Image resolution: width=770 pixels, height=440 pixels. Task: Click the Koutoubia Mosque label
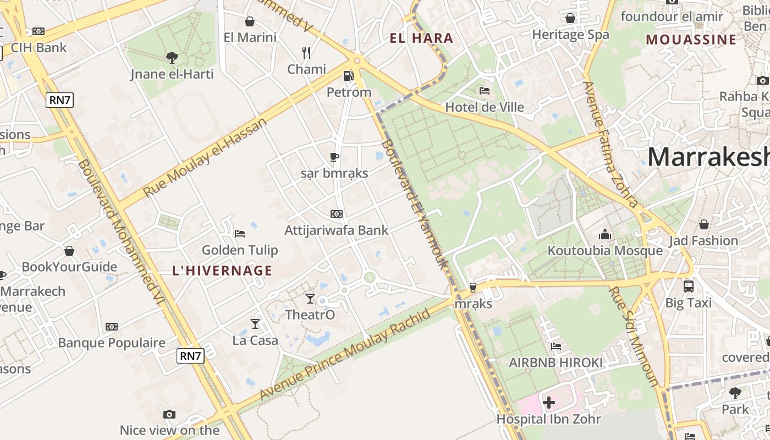pos(605,251)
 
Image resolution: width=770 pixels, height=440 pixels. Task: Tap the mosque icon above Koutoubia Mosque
pos(605,235)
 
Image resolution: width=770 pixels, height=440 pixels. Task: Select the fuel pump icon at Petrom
pos(348,76)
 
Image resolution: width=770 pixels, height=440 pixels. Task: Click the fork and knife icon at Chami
pos(306,53)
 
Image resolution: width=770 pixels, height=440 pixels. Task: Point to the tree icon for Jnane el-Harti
pos(172,57)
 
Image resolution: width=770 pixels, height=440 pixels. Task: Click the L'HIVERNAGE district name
pos(222,271)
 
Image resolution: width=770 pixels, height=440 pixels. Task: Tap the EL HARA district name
pos(421,38)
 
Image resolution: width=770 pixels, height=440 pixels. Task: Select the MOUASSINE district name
pos(691,40)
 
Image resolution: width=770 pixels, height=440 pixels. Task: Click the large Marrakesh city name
pos(708,157)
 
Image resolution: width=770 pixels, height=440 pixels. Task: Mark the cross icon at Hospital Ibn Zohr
pos(548,403)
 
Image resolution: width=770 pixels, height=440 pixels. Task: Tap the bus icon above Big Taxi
pos(688,286)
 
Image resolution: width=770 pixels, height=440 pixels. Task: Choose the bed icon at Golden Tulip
pos(239,234)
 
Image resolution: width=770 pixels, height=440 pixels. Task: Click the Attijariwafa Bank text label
pos(336,230)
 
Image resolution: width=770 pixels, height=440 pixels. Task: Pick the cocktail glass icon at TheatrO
pos(310,299)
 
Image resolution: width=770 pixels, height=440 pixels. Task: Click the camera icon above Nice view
pos(169,414)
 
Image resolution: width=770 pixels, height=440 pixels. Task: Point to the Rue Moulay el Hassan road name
pos(205,157)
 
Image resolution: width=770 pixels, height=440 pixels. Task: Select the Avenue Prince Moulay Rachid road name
pos(344,355)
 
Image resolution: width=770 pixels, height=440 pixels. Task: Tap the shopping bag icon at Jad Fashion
pos(703,224)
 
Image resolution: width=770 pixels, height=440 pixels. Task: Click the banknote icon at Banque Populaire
pos(112,327)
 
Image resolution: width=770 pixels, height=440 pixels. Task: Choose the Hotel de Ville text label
pos(485,107)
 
